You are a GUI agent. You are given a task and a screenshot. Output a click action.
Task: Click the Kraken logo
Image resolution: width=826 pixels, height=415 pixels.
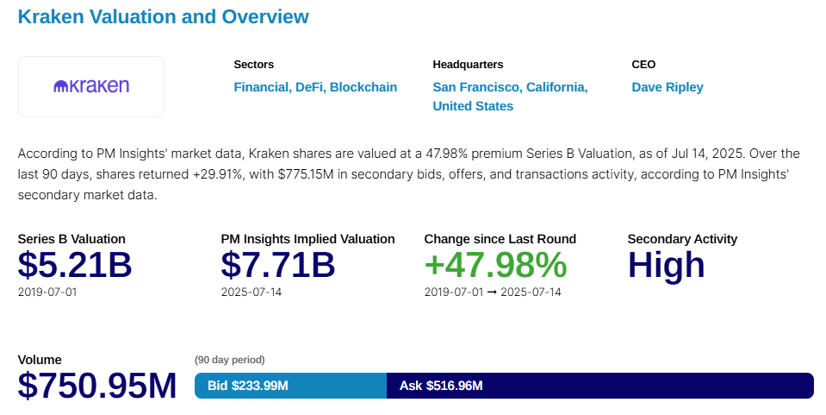tap(91, 86)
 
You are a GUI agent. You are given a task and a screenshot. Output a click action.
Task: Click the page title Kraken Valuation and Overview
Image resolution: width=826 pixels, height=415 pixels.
tap(163, 16)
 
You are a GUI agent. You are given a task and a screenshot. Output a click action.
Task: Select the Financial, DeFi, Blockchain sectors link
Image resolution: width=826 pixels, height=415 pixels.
tap(315, 87)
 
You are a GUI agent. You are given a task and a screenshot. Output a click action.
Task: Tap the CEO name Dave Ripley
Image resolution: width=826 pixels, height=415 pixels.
tap(668, 87)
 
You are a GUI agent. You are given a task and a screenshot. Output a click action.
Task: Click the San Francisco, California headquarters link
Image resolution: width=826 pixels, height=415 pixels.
tap(510, 87)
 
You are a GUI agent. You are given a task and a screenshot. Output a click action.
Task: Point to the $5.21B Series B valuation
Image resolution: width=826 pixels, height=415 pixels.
tap(75, 265)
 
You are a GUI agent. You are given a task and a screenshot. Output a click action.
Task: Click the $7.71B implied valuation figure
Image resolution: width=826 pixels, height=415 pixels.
tap(277, 265)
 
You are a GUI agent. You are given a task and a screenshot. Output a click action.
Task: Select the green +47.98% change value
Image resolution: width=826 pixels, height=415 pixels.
tap(495, 265)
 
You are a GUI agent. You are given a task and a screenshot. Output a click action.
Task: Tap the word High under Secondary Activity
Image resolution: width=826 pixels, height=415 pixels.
tap(666, 265)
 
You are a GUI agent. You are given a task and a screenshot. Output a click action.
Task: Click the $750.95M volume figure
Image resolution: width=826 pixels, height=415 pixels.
tap(97, 386)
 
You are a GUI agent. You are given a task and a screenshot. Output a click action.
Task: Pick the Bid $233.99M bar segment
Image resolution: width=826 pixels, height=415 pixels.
tap(290, 386)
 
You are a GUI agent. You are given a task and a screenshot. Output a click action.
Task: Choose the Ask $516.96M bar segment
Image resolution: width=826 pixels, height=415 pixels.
tap(599, 386)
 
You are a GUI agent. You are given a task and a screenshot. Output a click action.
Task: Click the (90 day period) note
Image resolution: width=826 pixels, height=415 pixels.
tap(230, 360)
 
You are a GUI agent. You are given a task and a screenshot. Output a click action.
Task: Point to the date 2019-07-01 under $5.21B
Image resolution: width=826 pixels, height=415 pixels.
tap(47, 292)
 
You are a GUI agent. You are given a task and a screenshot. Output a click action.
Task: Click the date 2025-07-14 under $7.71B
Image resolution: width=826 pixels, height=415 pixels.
tap(251, 292)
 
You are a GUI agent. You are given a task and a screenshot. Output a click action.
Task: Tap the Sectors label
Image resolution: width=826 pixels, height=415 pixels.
tap(254, 65)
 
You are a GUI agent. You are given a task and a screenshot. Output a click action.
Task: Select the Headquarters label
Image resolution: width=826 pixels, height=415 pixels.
tap(468, 65)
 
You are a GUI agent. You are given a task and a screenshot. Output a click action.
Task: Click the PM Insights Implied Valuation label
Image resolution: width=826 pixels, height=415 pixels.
tap(307, 239)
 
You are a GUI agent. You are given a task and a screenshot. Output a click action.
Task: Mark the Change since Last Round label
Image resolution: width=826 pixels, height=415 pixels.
tap(500, 239)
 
